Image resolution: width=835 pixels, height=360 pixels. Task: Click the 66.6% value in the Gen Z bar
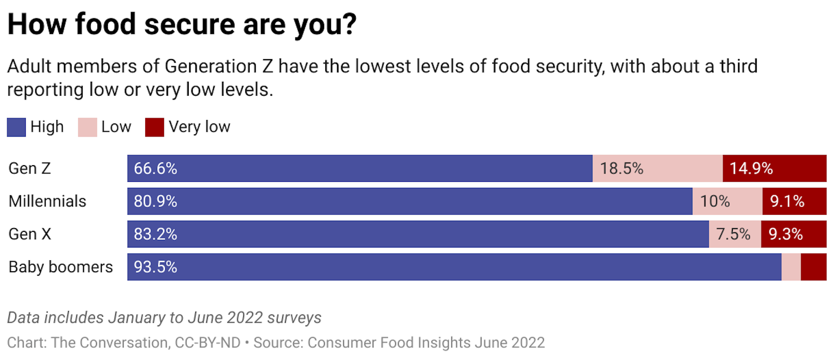pyautogui.click(x=155, y=169)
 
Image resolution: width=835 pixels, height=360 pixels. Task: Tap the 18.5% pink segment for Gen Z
pyautogui.click(x=622, y=169)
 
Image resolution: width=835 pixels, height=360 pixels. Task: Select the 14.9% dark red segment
pyautogui.click(x=751, y=169)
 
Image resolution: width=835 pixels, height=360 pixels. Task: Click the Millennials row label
pyautogui.click(x=47, y=201)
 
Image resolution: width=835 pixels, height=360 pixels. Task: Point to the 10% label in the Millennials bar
pyautogui.click(x=715, y=201)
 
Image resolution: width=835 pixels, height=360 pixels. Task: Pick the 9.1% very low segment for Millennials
pyautogui.click(x=787, y=201)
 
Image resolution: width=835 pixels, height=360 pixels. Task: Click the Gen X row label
pyautogui.click(x=30, y=234)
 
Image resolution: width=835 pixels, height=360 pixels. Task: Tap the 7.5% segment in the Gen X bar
pyautogui.click(x=733, y=234)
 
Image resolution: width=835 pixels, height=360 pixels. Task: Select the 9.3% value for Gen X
pyautogui.click(x=785, y=234)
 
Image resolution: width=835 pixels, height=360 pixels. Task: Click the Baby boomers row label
pyautogui.click(x=60, y=267)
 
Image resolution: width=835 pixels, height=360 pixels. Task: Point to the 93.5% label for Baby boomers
pyautogui.click(x=155, y=267)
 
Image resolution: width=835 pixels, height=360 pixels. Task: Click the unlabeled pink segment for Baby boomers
pyautogui.click(x=791, y=267)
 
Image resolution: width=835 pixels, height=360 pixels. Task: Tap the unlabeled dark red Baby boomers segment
pyautogui.click(x=814, y=267)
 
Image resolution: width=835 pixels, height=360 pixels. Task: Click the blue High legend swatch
pyautogui.click(x=17, y=127)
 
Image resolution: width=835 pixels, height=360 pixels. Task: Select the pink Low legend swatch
pyautogui.click(x=87, y=127)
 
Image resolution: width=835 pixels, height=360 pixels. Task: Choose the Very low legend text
pyautogui.click(x=199, y=127)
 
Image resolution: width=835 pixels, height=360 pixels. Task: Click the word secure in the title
pyautogui.click(x=190, y=24)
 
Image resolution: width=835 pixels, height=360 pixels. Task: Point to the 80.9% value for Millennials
pyautogui.click(x=155, y=201)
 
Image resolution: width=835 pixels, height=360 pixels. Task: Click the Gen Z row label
pyautogui.click(x=30, y=169)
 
